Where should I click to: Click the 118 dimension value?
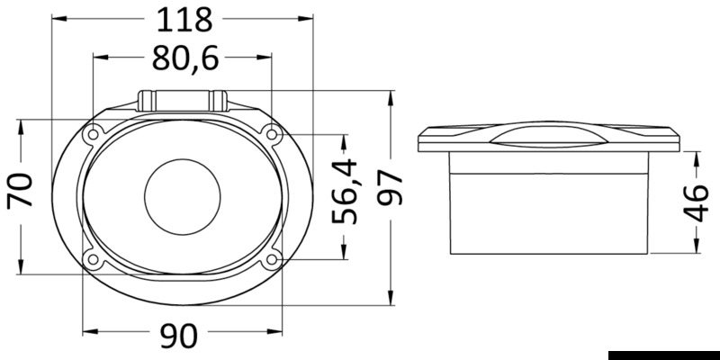184,20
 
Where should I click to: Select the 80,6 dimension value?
185,58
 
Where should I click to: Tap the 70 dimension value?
21,190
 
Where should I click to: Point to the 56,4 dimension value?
345,191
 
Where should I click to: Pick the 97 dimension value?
390,187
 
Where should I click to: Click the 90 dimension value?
179,336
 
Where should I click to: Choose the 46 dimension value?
696,202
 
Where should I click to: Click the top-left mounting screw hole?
94,134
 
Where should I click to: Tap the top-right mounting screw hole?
272,134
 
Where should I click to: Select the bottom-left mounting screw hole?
94,259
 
